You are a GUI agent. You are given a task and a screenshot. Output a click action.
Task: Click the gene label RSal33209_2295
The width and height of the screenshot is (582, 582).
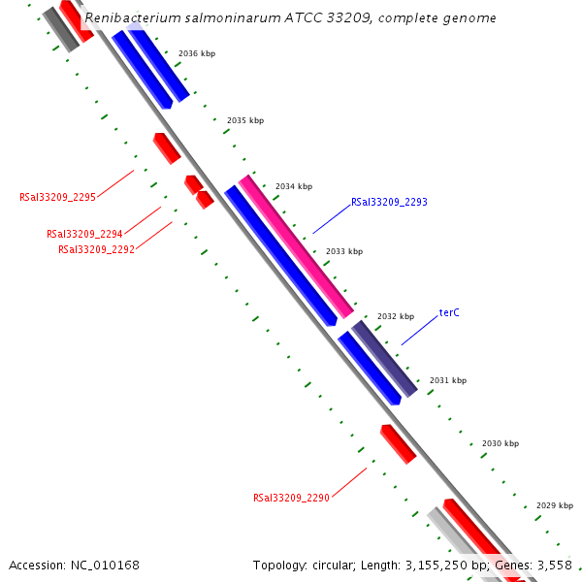click(57, 197)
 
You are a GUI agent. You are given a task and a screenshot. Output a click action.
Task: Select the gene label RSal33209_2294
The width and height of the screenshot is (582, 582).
click(84, 234)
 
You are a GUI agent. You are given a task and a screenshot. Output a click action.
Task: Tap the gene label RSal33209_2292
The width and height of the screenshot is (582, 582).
click(96, 249)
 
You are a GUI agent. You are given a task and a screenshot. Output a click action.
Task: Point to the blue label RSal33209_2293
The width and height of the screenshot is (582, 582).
click(389, 202)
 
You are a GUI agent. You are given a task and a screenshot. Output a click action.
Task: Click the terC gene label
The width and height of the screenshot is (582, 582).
click(449, 312)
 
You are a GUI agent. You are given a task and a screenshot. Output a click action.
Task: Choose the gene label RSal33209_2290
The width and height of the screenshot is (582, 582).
click(291, 498)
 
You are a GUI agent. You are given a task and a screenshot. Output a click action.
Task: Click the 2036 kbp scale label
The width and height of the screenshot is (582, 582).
click(197, 53)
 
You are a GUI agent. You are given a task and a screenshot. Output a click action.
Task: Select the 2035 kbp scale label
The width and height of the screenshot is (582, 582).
click(245, 120)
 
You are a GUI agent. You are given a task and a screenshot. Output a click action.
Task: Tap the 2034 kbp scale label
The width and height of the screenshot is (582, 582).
click(294, 186)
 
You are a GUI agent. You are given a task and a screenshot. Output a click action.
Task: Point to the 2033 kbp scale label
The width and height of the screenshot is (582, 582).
click(344, 251)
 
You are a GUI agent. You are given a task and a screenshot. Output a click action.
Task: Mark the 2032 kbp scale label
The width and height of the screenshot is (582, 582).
click(396, 316)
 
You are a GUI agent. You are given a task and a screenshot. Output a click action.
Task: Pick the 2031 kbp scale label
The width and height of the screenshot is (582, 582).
click(448, 380)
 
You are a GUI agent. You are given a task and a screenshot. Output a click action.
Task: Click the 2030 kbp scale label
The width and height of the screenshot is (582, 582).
click(501, 443)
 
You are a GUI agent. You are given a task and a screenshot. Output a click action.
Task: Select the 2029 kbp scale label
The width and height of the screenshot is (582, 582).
click(555, 505)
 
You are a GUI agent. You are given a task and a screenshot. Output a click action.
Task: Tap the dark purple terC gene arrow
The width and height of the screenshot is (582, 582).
click(384, 358)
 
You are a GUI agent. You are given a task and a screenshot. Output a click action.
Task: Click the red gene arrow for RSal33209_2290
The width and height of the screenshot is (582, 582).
click(398, 443)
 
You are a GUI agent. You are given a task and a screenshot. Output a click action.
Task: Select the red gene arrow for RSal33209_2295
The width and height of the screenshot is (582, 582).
click(167, 147)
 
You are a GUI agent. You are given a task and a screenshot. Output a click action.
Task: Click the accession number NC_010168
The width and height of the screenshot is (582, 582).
click(103, 565)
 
